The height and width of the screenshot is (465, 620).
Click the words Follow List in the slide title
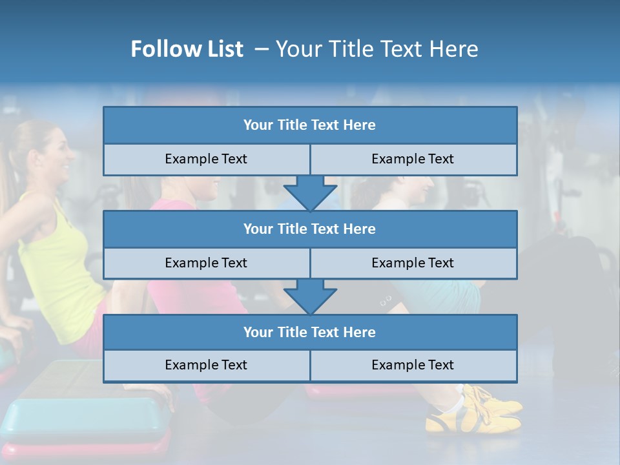pyautogui.click(x=187, y=49)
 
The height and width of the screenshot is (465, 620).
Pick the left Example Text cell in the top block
pyautogui.click(x=206, y=160)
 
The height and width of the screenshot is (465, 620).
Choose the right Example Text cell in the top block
pyautogui.click(x=413, y=160)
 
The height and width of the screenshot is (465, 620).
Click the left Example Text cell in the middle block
pyautogui.click(x=206, y=263)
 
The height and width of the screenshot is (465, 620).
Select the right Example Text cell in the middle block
pyautogui.click(x=413, y=263)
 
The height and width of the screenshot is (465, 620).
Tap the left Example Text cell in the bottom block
pyautogui.click(x=206, y=366)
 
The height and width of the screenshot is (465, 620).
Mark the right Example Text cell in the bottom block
pyautogui.click(x=413, y=366)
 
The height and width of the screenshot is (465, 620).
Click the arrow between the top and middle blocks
pyautogui.click(x=310, y=192)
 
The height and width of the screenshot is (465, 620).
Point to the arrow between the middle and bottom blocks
pyautogui.click(x=310, y=296)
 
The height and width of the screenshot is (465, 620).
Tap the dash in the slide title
pyautogui.click(x=261, y=49)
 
